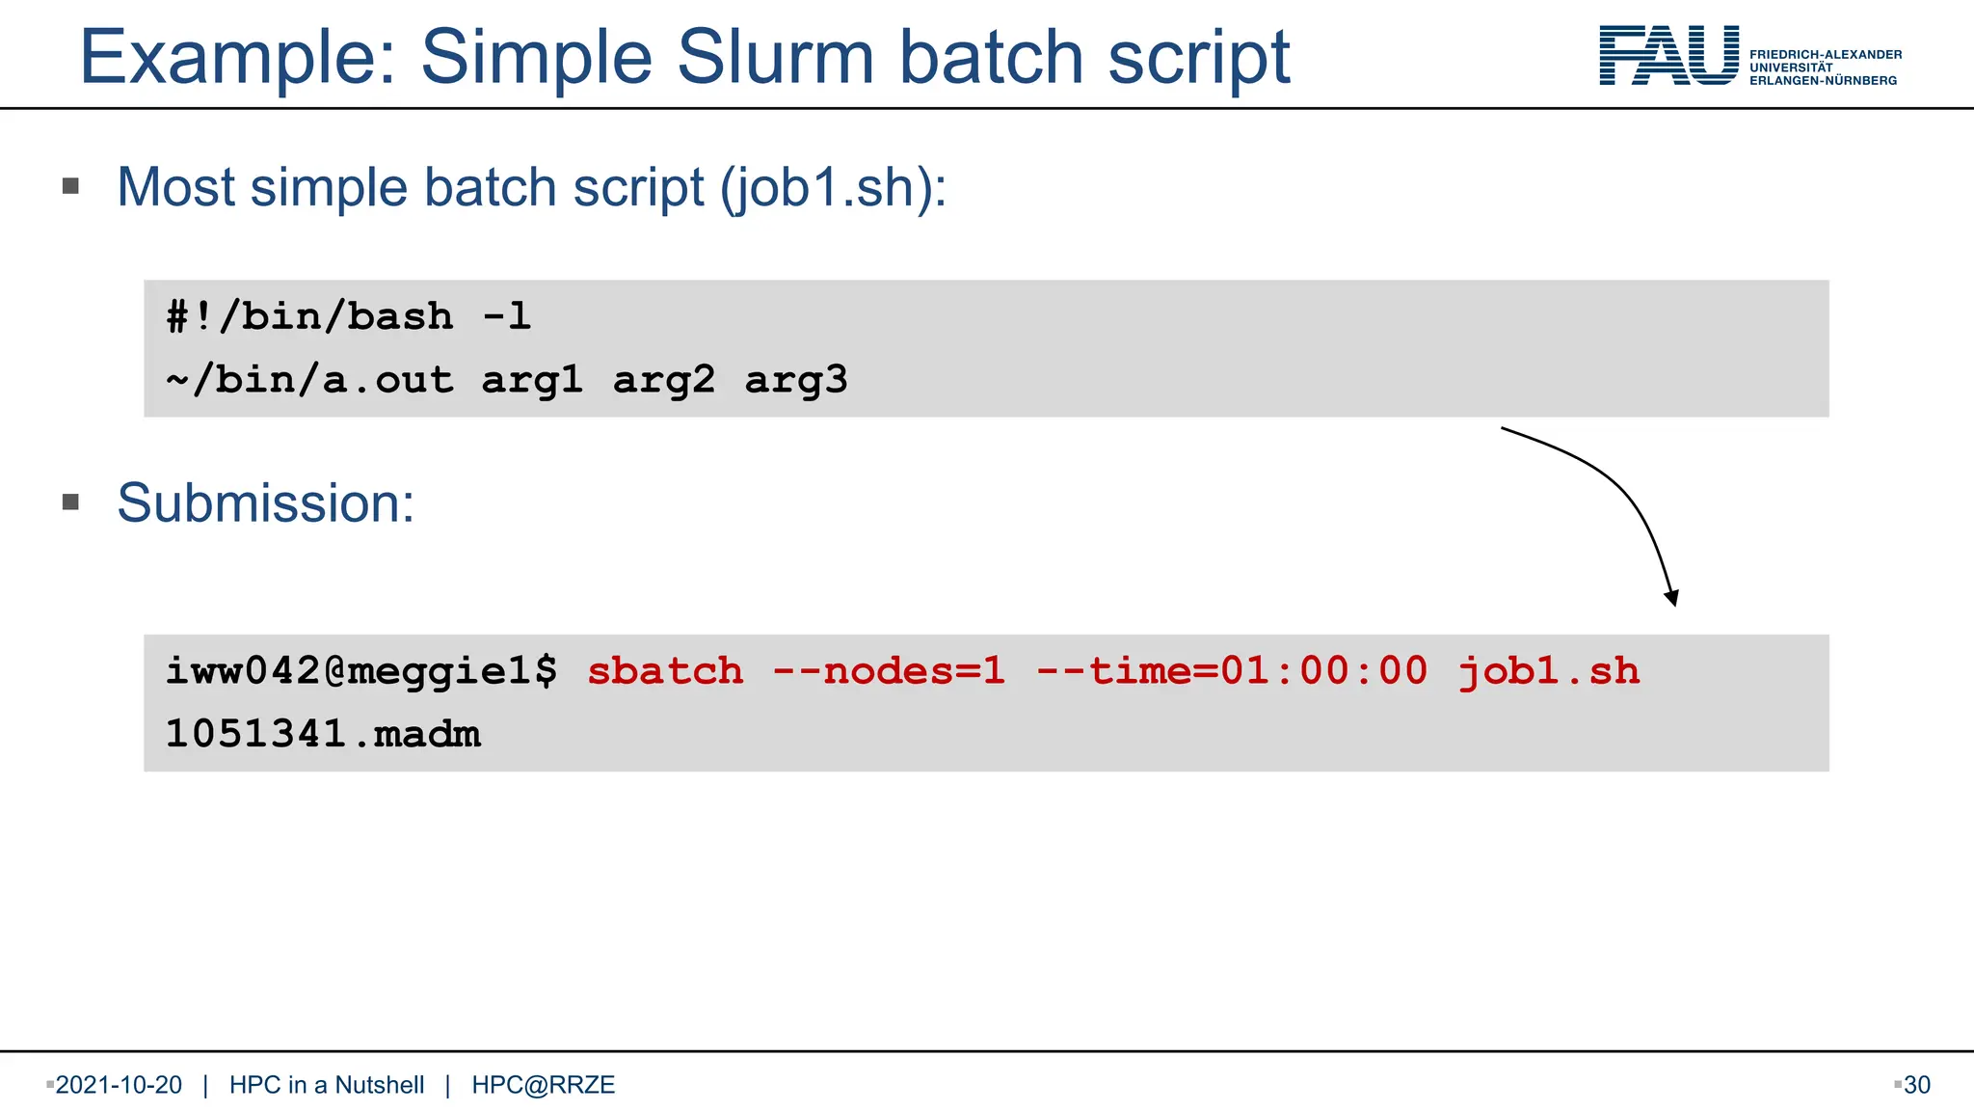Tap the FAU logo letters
(1668, 56)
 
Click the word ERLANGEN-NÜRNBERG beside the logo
(1823, 81)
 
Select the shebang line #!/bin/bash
(309, 316)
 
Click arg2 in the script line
(664, 380)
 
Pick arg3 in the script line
(796, 380)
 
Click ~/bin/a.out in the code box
(309, 380)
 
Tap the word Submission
(265, 502)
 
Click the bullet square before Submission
(70, 501)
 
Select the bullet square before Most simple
(70, 185)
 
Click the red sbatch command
(665, 671)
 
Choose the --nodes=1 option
(889, 671)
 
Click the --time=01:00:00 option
(1231, 671)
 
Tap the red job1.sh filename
(1548, 671)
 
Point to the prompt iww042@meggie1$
(361, 671)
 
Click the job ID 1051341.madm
(323, 734)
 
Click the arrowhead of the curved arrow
(1672, 599)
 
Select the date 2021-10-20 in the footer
(119, 1085)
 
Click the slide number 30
(1917, 1085)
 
